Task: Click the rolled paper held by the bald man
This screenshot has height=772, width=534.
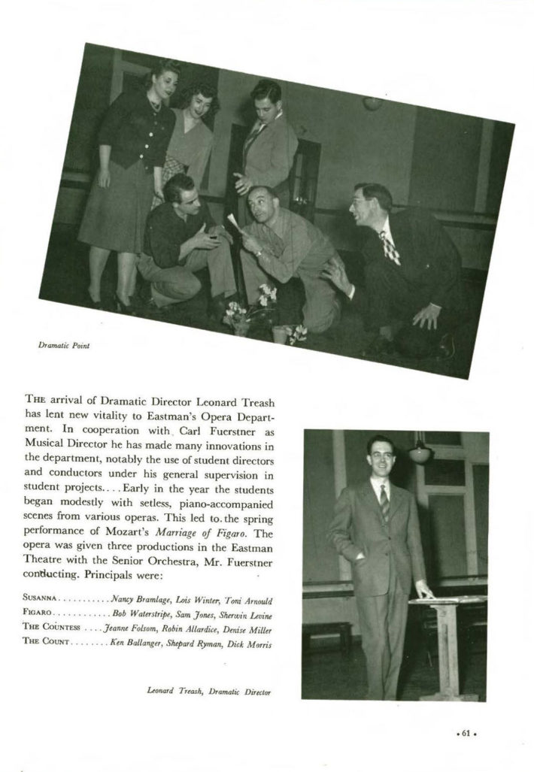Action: (x=234, y=222)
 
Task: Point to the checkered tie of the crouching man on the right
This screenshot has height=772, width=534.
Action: (x=390, y=249)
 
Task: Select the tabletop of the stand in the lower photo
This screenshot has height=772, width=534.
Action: (x=448, y=600)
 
